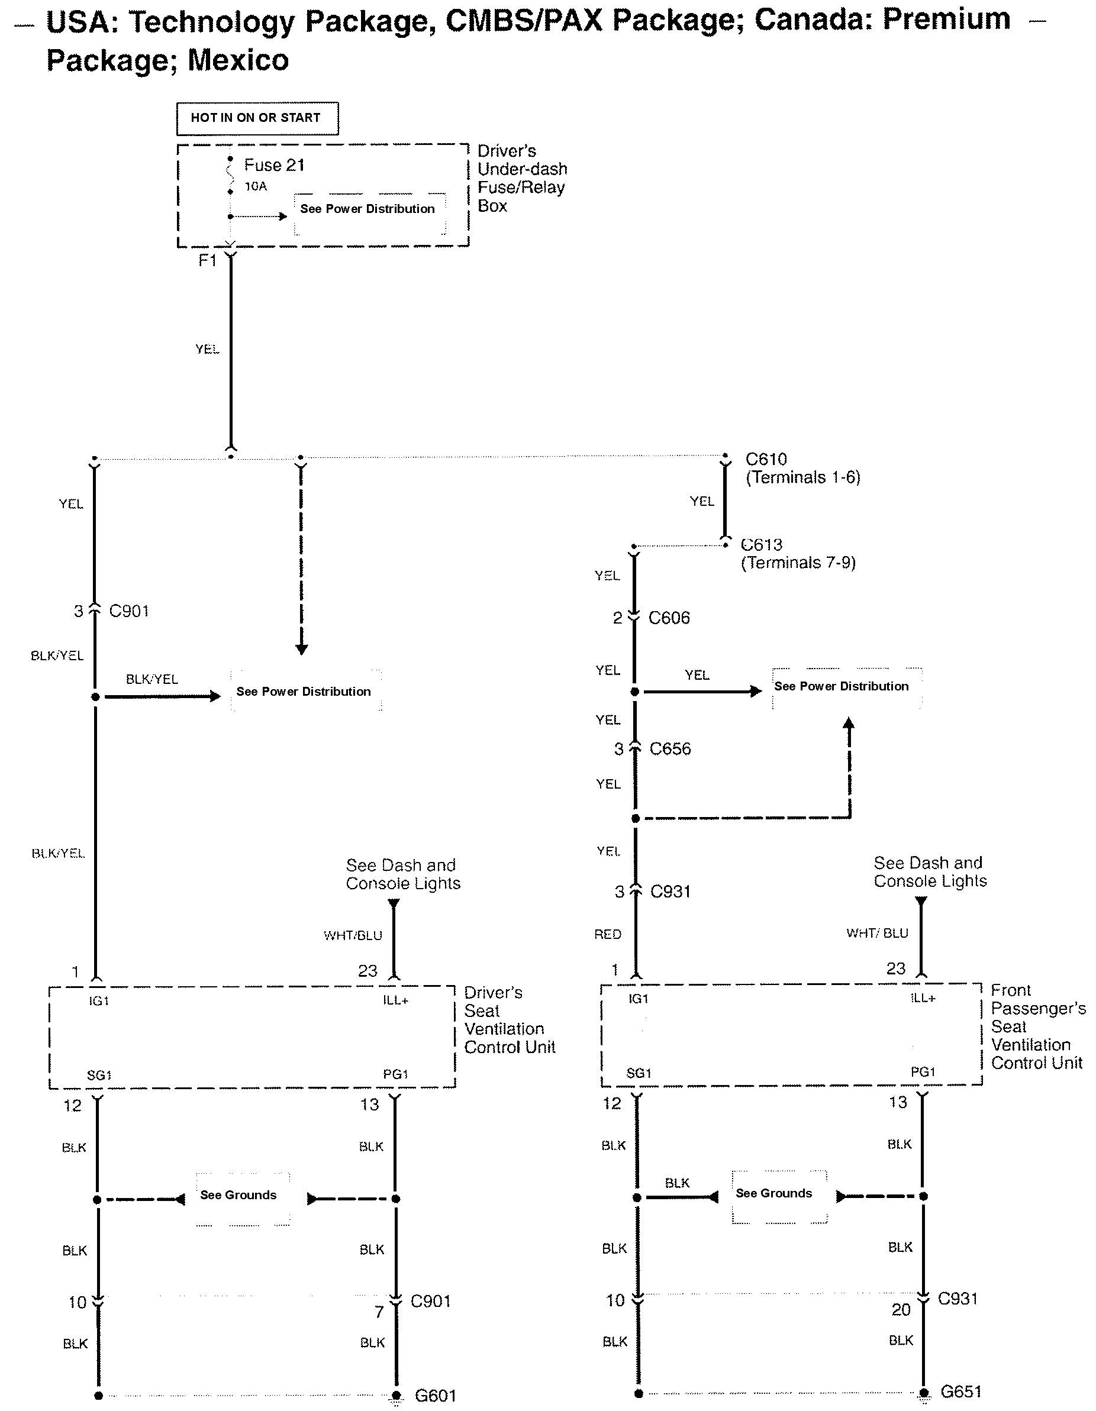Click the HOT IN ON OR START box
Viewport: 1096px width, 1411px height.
257,118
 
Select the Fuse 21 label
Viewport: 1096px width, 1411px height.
274,166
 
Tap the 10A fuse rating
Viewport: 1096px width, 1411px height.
255,187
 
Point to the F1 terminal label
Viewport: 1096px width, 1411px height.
207,260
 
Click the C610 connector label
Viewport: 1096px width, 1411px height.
766,459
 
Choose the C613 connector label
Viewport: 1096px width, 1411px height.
762,545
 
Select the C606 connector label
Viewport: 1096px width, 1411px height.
669,618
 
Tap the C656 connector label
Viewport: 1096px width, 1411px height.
670,749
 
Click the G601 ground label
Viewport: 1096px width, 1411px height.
435,1396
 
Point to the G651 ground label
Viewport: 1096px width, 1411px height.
961,1391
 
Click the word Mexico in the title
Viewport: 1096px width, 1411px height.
238,61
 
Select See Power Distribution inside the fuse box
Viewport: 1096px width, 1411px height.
367,209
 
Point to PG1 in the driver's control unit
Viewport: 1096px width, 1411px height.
395,1074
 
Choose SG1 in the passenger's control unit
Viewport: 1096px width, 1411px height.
639,1073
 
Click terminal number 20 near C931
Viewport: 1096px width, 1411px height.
901,1310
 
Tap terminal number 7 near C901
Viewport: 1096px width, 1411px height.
379,1312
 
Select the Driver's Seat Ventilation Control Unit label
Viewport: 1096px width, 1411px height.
509,1020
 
